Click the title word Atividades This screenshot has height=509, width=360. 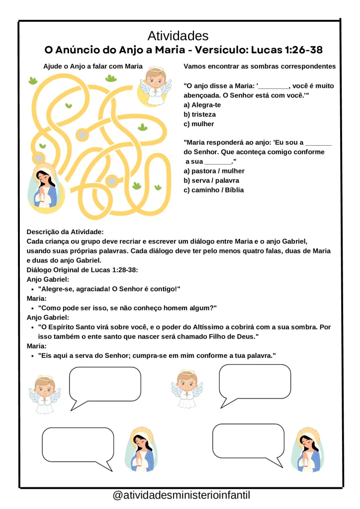click(x=178, y=36)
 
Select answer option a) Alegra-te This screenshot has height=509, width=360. click(x=202, y=105)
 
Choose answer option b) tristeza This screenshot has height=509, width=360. click(x=200, y=114)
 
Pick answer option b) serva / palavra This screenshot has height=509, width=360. click(x=211, y=180)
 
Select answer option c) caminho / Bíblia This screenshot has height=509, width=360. click(x=214, y=190)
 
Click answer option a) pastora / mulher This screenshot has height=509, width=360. click(x=214, y=171)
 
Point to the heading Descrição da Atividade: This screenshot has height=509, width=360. click(x=65, y=232)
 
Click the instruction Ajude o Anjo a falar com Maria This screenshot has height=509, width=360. click(x=93, y=67)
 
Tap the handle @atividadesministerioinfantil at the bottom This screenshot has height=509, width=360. click(x=181, y=496)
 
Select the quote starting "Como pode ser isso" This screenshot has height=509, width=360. click(x=127, y=308)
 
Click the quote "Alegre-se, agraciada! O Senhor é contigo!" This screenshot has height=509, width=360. click(x=109, y=289)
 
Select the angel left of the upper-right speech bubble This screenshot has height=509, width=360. click(x=187, y=388)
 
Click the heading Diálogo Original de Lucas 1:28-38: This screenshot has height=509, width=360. click(x=82, y=270)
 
